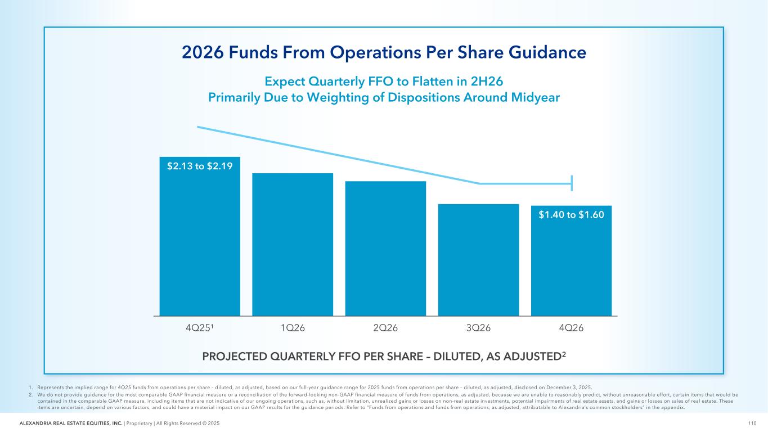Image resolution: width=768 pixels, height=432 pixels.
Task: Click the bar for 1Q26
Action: tap(293, 244)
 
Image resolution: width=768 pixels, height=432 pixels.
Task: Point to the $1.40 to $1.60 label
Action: tap(571, 214)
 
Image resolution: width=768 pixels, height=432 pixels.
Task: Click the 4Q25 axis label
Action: tap(200, 328)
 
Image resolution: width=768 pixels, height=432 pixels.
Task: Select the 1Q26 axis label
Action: tap(293, 328)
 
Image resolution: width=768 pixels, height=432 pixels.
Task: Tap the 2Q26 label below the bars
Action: tap(385, 328)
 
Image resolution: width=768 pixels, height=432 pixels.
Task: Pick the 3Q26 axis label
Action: tap(478, 328)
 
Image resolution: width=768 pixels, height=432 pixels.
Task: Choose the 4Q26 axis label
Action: tap(571, 328)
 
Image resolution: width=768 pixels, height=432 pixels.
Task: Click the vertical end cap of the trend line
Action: tap(572, 183)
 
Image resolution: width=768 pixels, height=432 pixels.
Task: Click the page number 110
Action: tap(752, 423)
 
